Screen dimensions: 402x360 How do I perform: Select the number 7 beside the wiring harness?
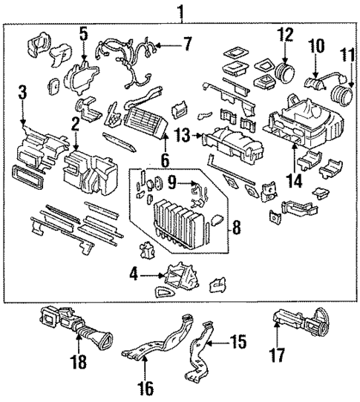187,44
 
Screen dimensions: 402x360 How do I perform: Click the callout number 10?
317,46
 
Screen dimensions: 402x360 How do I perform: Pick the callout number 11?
346,56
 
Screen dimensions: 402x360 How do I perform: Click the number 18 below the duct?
77,362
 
